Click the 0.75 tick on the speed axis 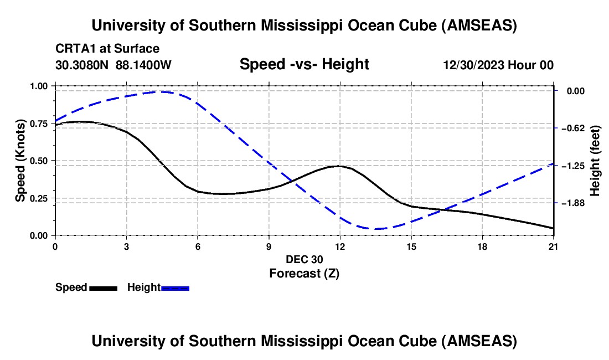[40, 124]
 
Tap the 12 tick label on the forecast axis [340, 246]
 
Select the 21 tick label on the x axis [554, 246]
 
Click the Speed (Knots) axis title [20, 161]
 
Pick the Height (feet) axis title [595, 161]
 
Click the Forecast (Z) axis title [304, 273]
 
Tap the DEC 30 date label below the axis [304, 259]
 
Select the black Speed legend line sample [104, 288]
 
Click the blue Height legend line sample [176, 288]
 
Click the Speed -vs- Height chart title [304, 64]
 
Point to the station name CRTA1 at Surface [107, 49]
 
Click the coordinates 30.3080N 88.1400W [113, 65]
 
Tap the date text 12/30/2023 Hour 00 [498, 65]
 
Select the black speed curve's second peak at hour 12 [339, 166]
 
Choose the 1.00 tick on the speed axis [40, 86]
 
